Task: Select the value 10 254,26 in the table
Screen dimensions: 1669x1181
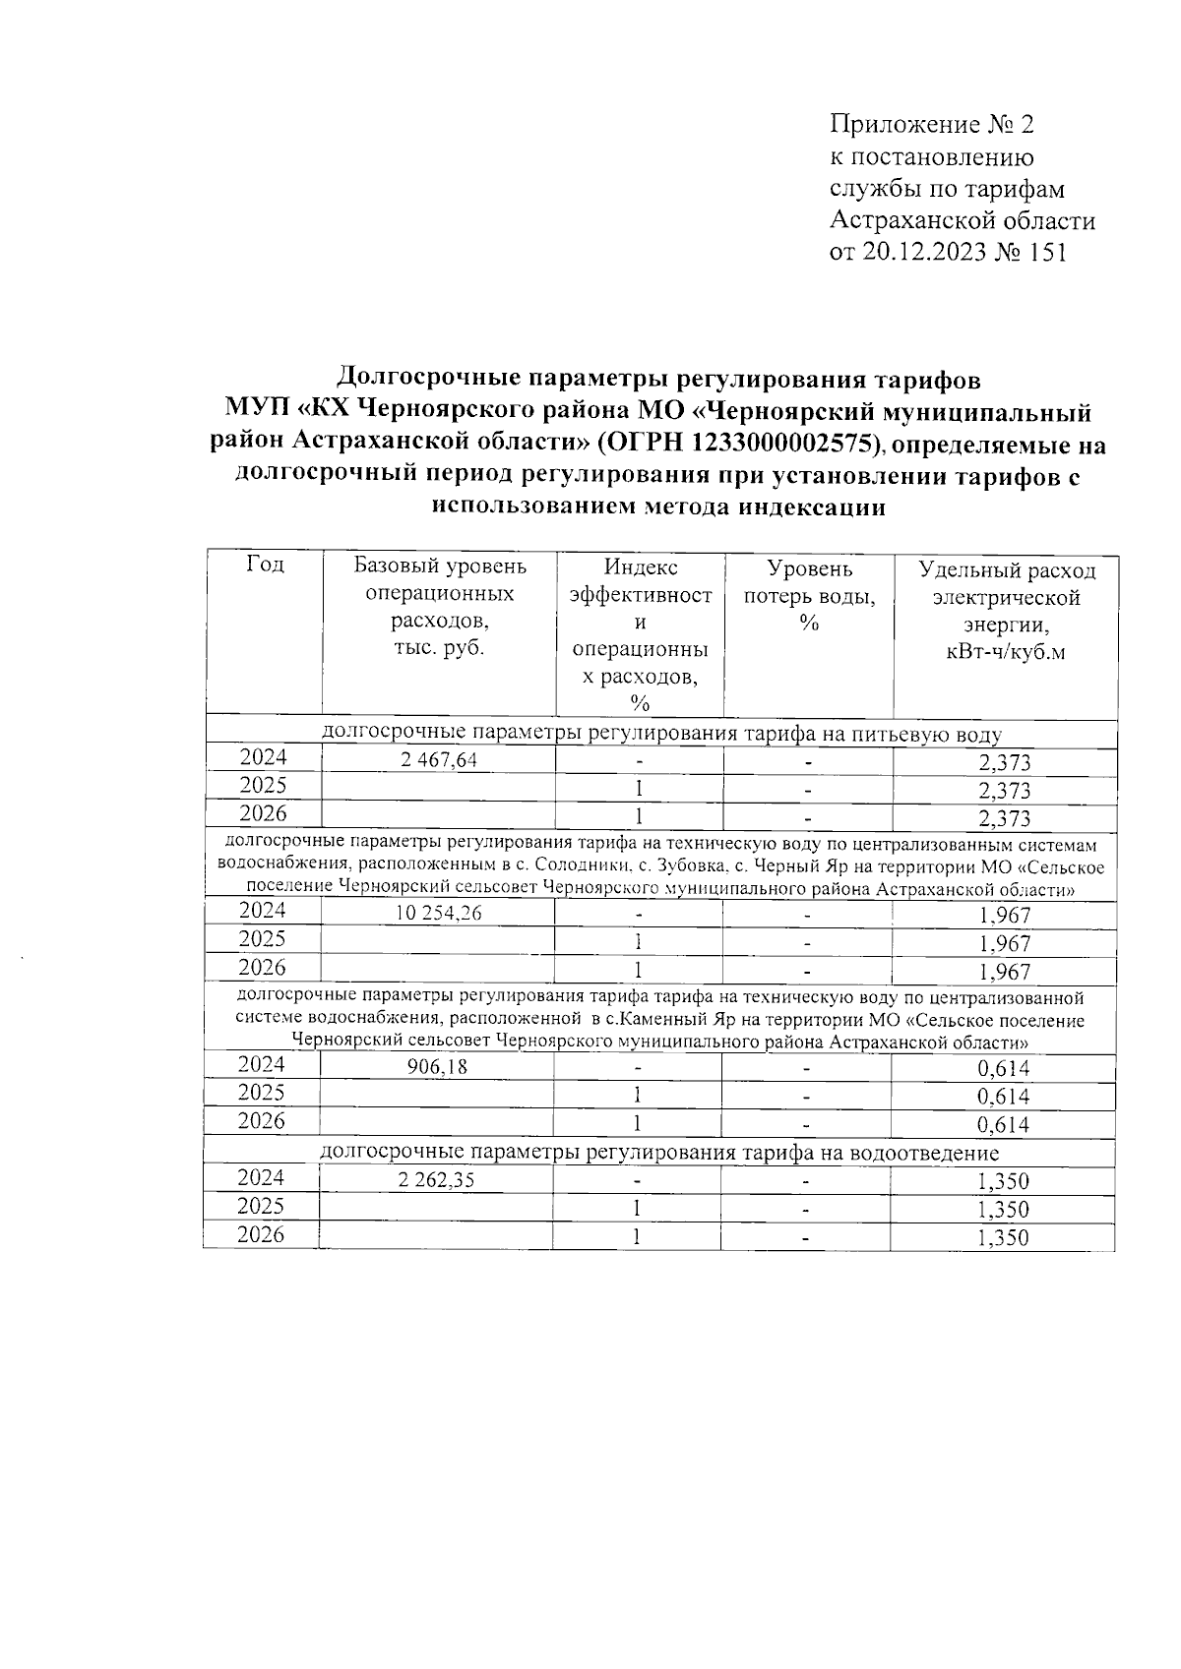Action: click(x=438, y=914)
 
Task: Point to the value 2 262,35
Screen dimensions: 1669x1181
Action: click(x=437, y=1180)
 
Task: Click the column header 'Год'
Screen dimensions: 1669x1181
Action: click(x=265, y=565)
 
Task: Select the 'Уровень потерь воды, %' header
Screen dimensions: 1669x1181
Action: click(x=809, y=596)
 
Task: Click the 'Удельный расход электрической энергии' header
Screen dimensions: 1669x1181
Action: click(x=1006, y=611)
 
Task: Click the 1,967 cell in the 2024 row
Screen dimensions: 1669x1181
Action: click(x=1004, y=916)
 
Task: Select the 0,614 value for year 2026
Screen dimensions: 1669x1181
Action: click(x=1004, y=1125)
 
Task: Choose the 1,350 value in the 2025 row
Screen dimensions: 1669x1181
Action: click(x=1003, y=1210)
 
